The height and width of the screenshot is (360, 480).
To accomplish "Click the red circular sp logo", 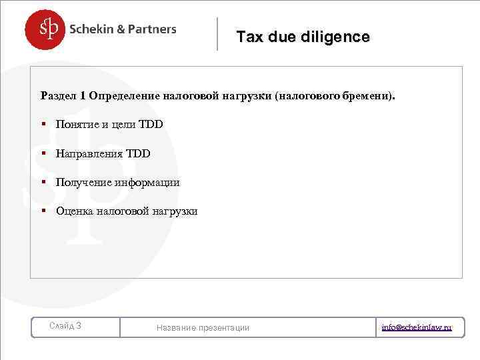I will [x=46, y=29].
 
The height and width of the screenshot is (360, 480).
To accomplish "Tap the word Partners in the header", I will [x=151, y=29].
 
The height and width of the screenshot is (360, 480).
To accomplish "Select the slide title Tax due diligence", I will [x=303, y=37].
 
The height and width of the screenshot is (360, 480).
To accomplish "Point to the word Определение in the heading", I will [x=124, y=95].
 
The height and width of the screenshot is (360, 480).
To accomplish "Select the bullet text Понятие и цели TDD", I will [x=109, y=125].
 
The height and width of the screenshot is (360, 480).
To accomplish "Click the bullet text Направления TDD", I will [x=103, y=154].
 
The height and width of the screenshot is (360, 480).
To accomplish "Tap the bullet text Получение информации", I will [x=118, y=183].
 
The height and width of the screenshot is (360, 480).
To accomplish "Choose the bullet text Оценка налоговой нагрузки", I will [x=127, y=211].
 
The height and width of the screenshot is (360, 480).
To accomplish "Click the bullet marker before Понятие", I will [x=43, y=125].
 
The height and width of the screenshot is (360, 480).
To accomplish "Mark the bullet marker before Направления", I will [x=43, y=154].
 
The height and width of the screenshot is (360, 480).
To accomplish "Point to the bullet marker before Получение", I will [x=43, y=183].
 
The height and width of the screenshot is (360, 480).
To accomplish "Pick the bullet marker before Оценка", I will [x=43, y=211].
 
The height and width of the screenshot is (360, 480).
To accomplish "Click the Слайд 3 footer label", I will [x=66, y=326].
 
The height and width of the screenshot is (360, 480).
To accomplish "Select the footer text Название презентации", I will [x=203, y=327].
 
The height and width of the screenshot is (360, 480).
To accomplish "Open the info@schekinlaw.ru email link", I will [x=417, y=327].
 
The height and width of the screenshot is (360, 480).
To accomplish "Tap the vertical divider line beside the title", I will [x=217, y=33].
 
